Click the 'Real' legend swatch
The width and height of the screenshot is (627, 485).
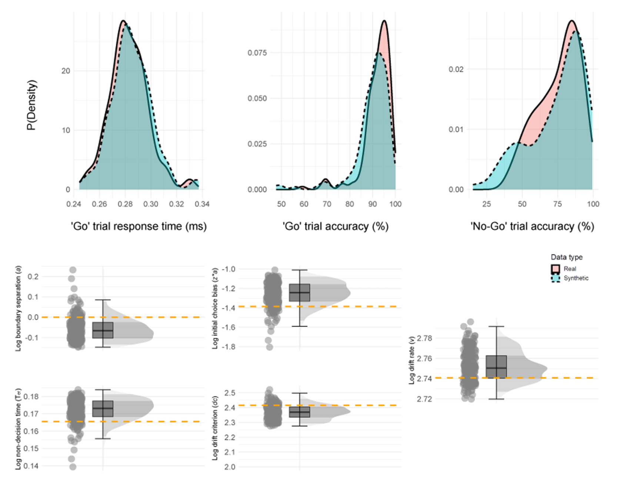(x=556, y=269)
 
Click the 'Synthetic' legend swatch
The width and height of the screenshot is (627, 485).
(x=556, y=278)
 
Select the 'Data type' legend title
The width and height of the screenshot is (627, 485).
(x=566, y=257)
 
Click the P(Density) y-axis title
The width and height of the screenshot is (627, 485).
(x=31, y=105)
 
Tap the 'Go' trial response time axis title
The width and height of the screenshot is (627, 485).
(x=139, y=226)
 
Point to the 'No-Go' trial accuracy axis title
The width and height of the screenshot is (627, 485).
(x=532, y=226)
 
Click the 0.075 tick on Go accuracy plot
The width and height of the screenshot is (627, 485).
(x=257, y=53)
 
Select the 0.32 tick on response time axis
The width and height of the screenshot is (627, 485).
(x=176, y=204)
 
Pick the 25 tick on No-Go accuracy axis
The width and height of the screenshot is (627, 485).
(x=486, y=204)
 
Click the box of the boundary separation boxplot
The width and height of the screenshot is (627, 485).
(x=103, y=330)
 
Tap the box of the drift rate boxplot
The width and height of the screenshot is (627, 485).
(x=496, y=367)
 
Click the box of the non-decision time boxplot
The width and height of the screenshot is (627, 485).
(x=103, y=408)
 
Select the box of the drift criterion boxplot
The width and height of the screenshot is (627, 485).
(x=299, y=412)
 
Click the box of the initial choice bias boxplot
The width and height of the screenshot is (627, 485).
(x=299, y=293)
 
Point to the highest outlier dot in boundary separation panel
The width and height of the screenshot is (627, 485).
(x=73, y=270)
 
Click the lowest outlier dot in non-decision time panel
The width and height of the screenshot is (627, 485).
(x=73, y=467)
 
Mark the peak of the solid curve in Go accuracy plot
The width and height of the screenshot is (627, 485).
(x=384, y=21)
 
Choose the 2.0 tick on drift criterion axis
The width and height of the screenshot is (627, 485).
(x=230, y=467)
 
